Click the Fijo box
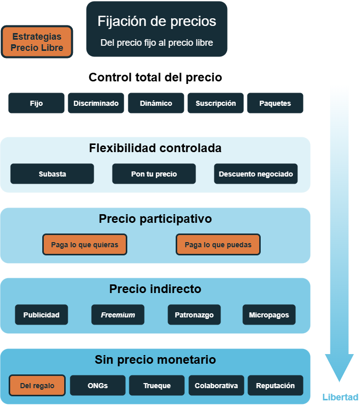[36, 103]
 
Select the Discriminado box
[96, 103]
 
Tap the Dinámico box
[156, 103]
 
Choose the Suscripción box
[215, 103]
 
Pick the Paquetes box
[275, 103]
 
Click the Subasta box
[52, 174]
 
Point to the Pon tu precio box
[154, 174]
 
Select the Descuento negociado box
[256, 174]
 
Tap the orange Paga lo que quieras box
[85, 245]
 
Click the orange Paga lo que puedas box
[218, 245]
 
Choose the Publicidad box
[41, 315]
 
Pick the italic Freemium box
[118, 315]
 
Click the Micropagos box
[269, 315]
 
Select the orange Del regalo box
[37, 386]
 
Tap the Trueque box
[157, 386]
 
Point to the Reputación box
[275, 386]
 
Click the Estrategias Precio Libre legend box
[37, 42]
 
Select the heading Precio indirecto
[155, 289]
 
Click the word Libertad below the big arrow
[340, 397]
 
